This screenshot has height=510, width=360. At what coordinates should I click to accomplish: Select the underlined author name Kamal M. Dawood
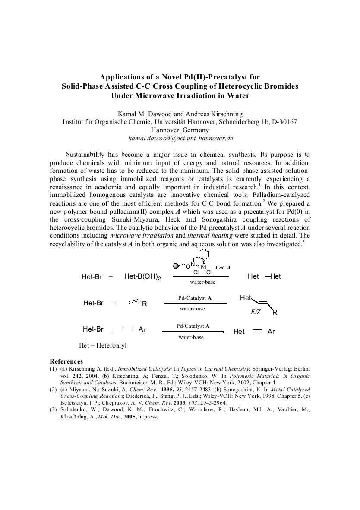click(145, 114)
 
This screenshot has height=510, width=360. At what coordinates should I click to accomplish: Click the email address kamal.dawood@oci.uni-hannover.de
click(181, 138)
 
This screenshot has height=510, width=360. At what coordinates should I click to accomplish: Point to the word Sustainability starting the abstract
click(85, 154)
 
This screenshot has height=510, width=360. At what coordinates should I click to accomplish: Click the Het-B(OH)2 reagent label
click(142, 277)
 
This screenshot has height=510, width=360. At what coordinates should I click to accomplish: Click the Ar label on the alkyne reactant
click(142, 330)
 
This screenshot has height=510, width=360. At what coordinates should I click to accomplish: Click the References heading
click(66, 361)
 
